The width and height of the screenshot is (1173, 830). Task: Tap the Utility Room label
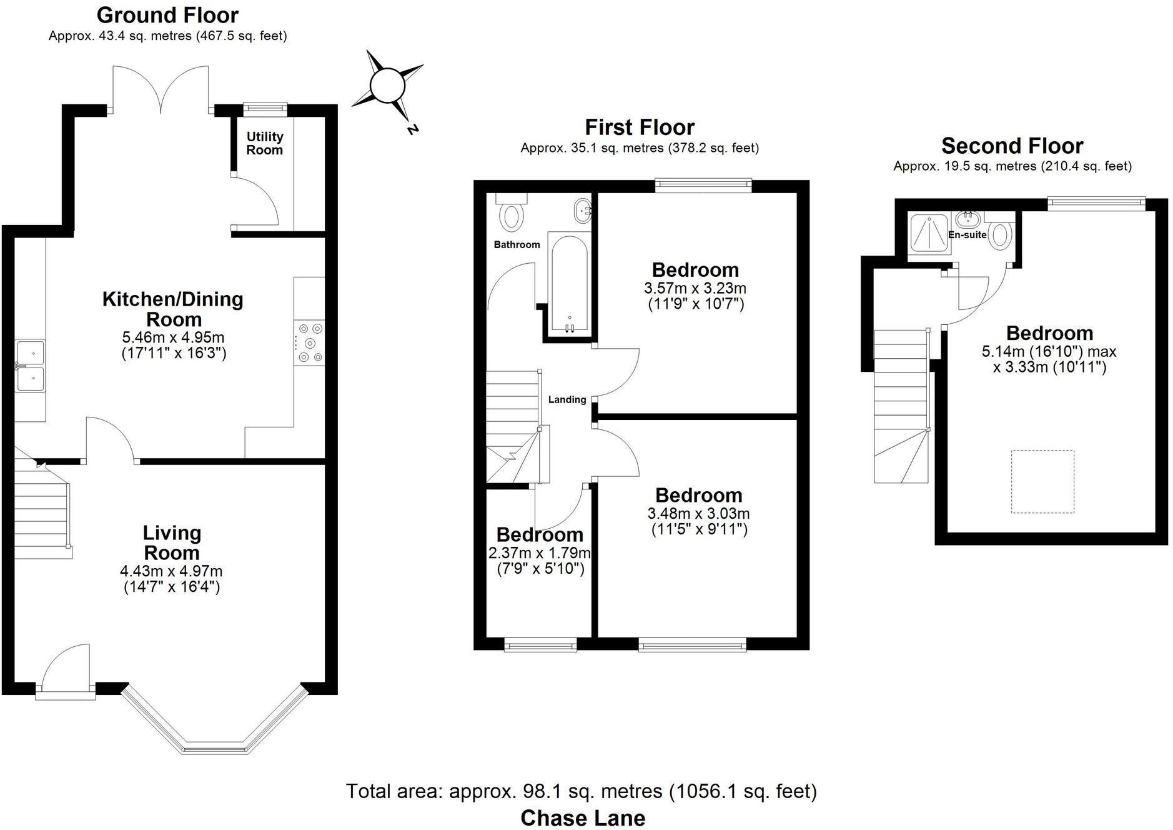[264, 143]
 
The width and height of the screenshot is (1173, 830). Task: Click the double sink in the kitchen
[30, 366]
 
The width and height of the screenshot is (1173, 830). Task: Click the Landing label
[567, 399]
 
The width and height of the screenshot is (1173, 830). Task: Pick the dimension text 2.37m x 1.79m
[540, 552]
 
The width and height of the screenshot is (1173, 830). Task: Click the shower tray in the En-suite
[930, 233]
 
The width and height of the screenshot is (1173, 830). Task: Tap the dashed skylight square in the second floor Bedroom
[1042, 481]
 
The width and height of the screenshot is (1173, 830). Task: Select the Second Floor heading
[1012, 146]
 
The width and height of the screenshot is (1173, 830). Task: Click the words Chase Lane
[583, 817]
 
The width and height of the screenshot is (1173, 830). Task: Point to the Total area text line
[581, 791]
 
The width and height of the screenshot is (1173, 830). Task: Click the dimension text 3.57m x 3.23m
[695, 288]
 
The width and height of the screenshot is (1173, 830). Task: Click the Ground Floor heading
[167, 15]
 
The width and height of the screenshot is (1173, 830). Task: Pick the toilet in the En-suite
[1001, 233]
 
